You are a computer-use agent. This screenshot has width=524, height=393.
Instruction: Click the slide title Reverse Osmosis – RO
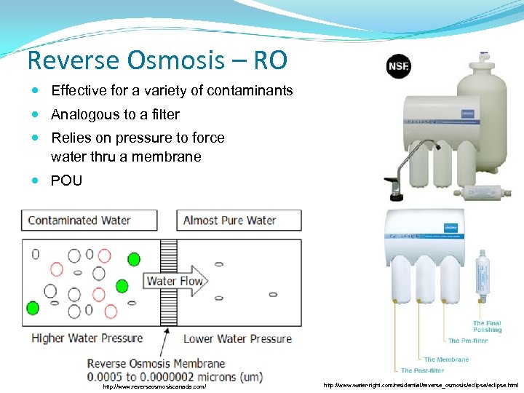tap(156, 60)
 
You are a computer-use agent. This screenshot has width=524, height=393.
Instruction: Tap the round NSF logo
tap(400, 68)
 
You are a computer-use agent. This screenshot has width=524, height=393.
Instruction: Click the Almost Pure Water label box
tap(239, 221)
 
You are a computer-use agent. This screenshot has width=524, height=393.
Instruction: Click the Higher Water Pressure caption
tap(87, 338)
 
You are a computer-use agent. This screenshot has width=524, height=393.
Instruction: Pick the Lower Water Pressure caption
tap(237, 338)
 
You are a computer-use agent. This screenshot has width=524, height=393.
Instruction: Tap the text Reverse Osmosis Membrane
tap(156, 363)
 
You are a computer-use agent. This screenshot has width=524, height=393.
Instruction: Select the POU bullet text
tap(66, 180)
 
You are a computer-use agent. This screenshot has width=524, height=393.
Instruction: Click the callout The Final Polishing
tap(487, 327)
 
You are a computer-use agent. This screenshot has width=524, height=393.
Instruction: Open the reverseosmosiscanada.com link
tap(154, 386)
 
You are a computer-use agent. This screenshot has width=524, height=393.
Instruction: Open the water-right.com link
tap(421, 385)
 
